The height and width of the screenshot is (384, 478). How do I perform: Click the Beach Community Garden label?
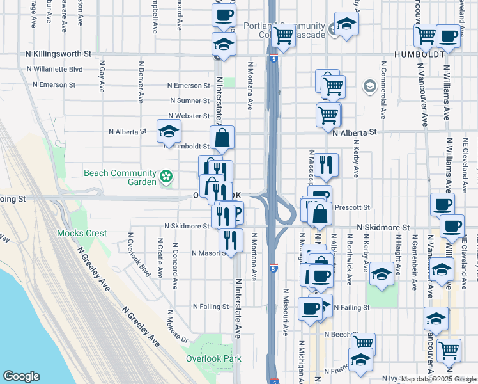120,177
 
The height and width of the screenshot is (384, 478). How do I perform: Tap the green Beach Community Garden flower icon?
166,176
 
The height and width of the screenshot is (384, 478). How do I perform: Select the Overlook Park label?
213,358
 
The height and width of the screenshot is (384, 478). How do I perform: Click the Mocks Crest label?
82,234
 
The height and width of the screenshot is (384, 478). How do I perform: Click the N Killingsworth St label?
59,55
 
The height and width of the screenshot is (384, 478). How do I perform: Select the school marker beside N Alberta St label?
169,131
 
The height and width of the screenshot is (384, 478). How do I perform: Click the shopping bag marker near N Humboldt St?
222,137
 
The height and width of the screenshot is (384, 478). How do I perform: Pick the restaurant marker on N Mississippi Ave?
326,164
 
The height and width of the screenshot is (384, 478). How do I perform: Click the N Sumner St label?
190,100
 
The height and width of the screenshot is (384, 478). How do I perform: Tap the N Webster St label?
189,116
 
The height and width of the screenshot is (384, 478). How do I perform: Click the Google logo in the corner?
21,376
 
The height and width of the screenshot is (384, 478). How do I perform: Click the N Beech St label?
338,335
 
